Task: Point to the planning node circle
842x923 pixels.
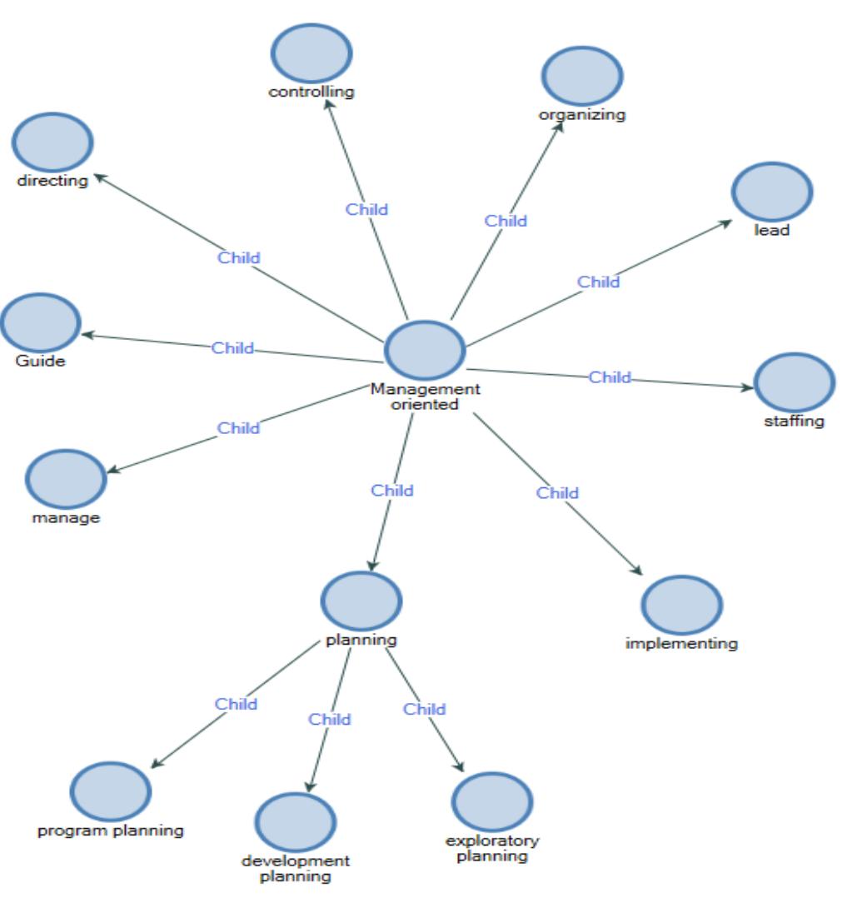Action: tap(361, 601)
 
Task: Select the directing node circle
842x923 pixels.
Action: tap(52, 144)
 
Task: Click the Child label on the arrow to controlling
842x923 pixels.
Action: tap(367, 210)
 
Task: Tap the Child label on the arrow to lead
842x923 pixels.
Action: tap(599, 282)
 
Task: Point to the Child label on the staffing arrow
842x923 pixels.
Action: tap(610, 377)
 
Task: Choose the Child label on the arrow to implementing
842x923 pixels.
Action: tap(557, 493)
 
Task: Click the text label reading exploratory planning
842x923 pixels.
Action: tap(492, 848)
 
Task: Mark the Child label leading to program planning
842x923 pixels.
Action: tap(237, 704)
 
